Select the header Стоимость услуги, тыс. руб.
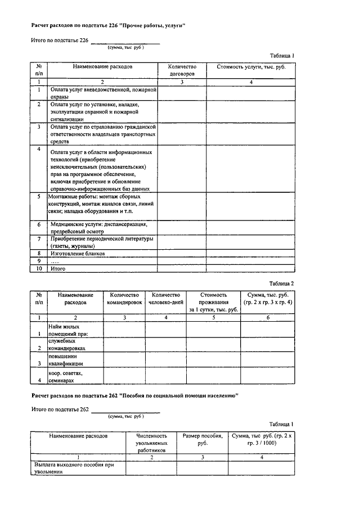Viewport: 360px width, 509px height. tap(251, 66)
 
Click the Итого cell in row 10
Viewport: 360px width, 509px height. tap(58, 269)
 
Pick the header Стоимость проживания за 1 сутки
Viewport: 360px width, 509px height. tap(213, 302)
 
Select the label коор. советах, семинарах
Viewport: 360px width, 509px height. tap(66, 377)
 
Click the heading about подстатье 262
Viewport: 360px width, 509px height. tap(135, 396)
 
